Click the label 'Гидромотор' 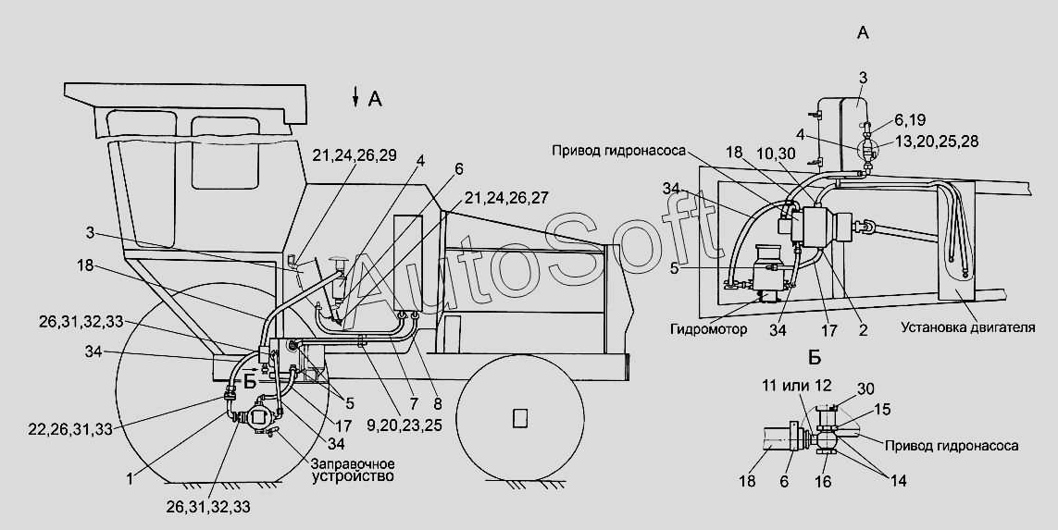click(708, 329)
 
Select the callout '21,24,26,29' click(355, 155)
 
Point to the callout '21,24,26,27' click(505, 198)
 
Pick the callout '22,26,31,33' click(70, 428)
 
